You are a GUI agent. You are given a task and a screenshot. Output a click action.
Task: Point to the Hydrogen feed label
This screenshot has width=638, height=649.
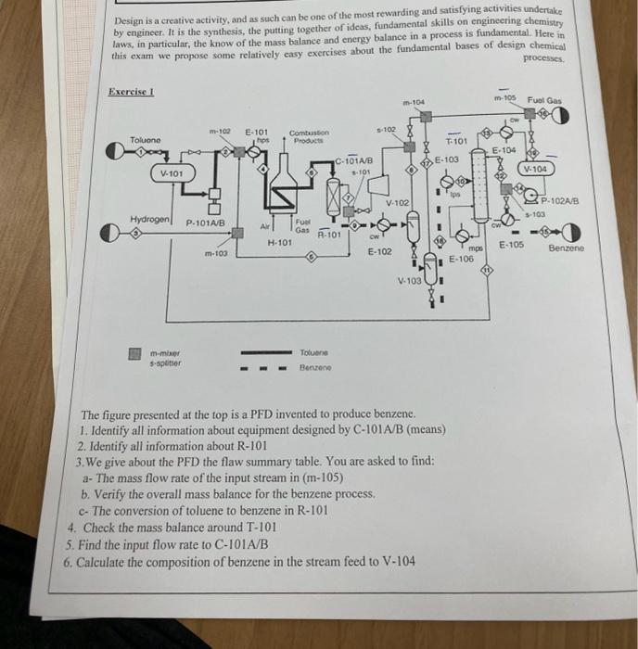tap(149, 219)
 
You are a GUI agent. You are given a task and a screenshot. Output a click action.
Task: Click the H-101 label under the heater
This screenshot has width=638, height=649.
tap(279, 242)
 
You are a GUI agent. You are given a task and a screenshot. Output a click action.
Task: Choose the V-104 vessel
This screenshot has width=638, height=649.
tap(538, 170)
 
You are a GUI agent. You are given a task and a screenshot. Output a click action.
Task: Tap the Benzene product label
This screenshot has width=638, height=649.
tap(566, 248)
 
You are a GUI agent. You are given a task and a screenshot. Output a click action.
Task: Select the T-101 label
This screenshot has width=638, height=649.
tap(456, 142)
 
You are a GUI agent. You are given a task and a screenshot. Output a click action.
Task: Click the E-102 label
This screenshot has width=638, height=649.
tap(381, 251)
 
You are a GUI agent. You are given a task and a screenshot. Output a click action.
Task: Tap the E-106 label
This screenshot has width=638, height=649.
tap(461, 260)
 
